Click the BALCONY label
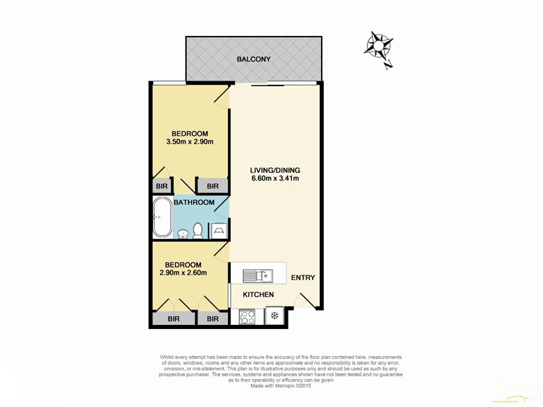253,59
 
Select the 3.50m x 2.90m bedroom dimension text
189,142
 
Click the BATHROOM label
193,202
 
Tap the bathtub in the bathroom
162,218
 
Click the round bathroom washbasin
183,233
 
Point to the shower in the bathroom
219,231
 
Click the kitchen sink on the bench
258,276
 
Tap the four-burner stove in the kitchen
248,316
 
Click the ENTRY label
303,278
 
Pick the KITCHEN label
258,294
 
